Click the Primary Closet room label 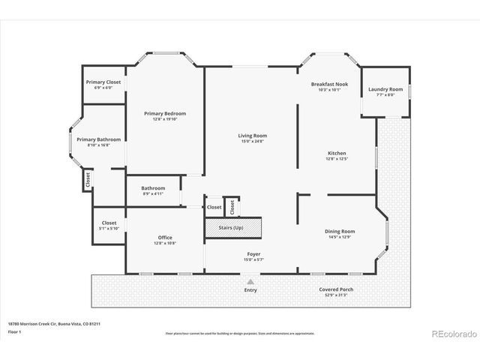[x=103, y=82]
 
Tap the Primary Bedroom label [x=165, y=113]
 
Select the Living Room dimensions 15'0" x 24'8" [x=253, y=140]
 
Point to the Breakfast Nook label [x=330, y=84]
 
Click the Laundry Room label [x=385, y=89]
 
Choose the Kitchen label [x=335, y=153]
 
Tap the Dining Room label [x=340, y=231]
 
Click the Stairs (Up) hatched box [x=233, y=228]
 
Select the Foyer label [x=253, y=254]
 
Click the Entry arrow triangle [x=250, y=282]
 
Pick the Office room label [x=165, y=238]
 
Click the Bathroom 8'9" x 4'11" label [x=153, y=189]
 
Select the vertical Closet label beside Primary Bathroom [x=88, y=180]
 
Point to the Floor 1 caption [x=14, y=331]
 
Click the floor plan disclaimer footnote [x=239, y=331]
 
